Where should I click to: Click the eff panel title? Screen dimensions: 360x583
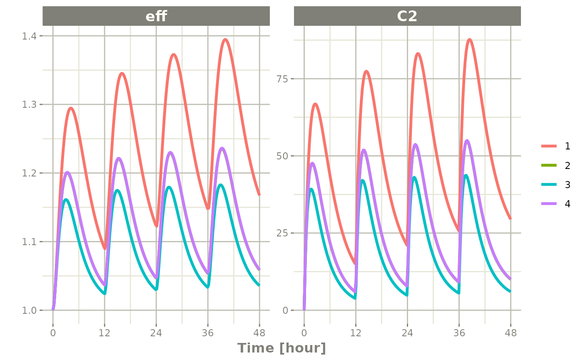pos(156,16)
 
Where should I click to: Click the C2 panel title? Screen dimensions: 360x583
pos(407,16)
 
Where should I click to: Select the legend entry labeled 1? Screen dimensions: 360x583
pos(567,146)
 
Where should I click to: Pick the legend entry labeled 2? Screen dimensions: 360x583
pos(567,165)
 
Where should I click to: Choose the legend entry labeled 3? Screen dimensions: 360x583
pos(567,185)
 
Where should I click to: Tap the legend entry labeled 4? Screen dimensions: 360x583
pos(567,204)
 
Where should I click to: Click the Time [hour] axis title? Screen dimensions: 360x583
pos(282,348)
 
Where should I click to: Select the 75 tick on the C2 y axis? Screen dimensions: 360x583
pos(283,79)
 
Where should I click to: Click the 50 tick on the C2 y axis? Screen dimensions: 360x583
pos(283,156)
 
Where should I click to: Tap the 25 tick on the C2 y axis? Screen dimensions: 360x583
pos(283,233)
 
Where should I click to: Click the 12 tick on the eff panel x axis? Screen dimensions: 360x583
pos(105,333)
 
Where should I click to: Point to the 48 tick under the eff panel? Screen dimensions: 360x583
pos(259,333)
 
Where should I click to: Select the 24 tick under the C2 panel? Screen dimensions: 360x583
pos(407,333)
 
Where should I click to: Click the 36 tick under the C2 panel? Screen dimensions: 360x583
pos(459,333)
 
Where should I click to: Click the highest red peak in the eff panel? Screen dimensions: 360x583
pos(225,40)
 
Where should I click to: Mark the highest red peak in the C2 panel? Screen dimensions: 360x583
pos(469,40)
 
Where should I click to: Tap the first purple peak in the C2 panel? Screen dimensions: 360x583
pos(313,163)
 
